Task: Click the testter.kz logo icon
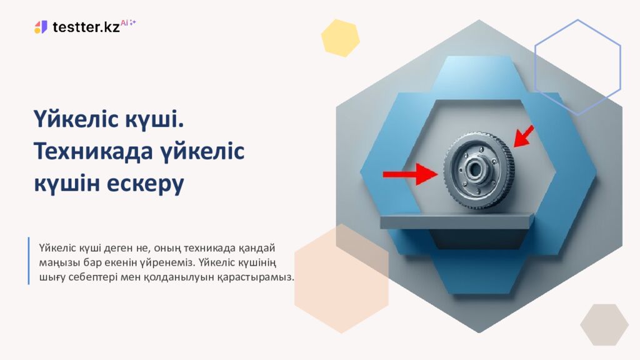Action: point(41,27)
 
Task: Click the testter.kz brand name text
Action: point(86,27)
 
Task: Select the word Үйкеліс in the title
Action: point(76,119)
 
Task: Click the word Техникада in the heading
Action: point(92,151)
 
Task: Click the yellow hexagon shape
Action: point(341,37)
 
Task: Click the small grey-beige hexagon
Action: point(604,324)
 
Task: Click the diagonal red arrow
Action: point(524,136)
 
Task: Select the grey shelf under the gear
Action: point(457,221)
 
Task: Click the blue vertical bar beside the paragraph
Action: point(29,261)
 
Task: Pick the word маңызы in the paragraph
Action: point(55,261)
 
